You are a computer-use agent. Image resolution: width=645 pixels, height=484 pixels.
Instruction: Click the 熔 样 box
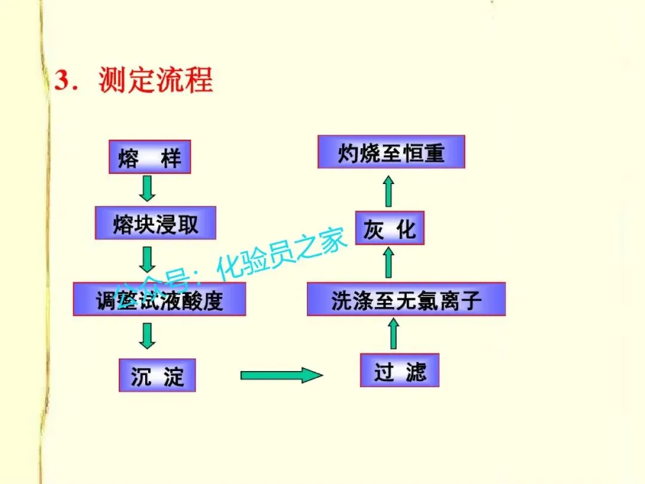click(x=150, y=157)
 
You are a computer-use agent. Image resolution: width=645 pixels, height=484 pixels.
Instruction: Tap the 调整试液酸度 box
click(x=159, y=299)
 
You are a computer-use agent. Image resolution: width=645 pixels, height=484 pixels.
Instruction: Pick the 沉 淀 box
click(x=158, y=375)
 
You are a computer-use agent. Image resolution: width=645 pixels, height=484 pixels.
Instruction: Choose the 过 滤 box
click(x=400, y=370)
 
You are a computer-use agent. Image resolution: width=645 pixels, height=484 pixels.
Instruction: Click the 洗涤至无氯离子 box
click(x=406, y=299)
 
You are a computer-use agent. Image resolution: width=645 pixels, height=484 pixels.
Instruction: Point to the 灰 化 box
click(x=389, y=228)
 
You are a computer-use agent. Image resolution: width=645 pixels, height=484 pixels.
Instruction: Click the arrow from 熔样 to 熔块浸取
click(x=147, y=189)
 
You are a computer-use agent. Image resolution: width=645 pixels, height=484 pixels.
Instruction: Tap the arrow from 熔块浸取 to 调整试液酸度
click(x=147, y=259)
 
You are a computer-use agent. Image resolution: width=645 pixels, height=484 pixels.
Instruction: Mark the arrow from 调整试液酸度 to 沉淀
click(x=147, y=335)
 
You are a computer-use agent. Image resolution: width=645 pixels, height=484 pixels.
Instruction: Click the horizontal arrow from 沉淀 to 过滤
click(x=281, y=375)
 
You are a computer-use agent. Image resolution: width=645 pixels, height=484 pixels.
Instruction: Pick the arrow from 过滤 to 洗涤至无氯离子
click(x=393, y=334)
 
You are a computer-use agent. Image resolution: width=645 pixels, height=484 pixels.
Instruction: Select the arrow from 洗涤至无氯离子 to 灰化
click(x=389, y=264)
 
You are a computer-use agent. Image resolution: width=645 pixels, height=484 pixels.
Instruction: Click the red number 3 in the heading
click(x=62, y=80)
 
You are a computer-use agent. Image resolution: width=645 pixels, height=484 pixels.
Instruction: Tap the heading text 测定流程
click(x=155, y=80)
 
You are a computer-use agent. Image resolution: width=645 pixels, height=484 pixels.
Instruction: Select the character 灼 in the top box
click(x=348, y=152)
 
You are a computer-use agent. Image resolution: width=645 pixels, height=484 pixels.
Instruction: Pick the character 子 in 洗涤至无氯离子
click(x=472, y=299)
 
